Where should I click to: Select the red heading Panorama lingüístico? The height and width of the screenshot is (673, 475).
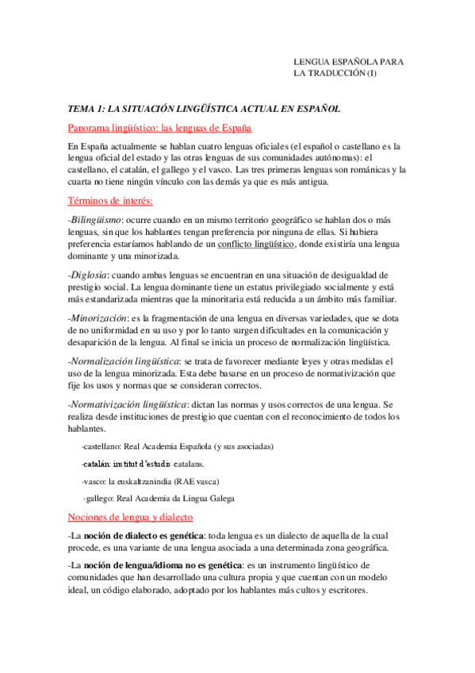(x=160, y=128)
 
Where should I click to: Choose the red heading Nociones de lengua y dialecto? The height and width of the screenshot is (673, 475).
(x=142, y=517)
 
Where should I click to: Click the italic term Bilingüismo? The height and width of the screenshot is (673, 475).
(x=95, y=220)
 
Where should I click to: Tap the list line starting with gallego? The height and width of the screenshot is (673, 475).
(x=159, y=498)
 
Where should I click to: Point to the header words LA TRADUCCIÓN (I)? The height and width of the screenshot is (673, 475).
(x=335, y=74)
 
